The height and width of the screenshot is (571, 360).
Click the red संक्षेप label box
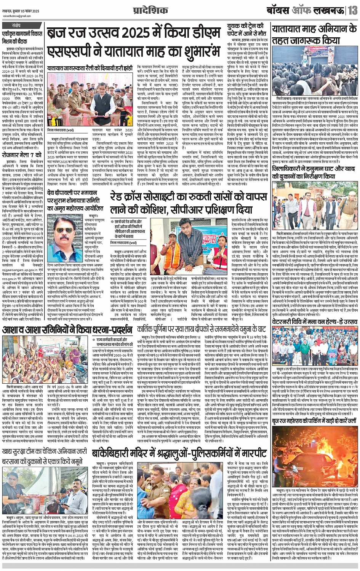16,26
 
